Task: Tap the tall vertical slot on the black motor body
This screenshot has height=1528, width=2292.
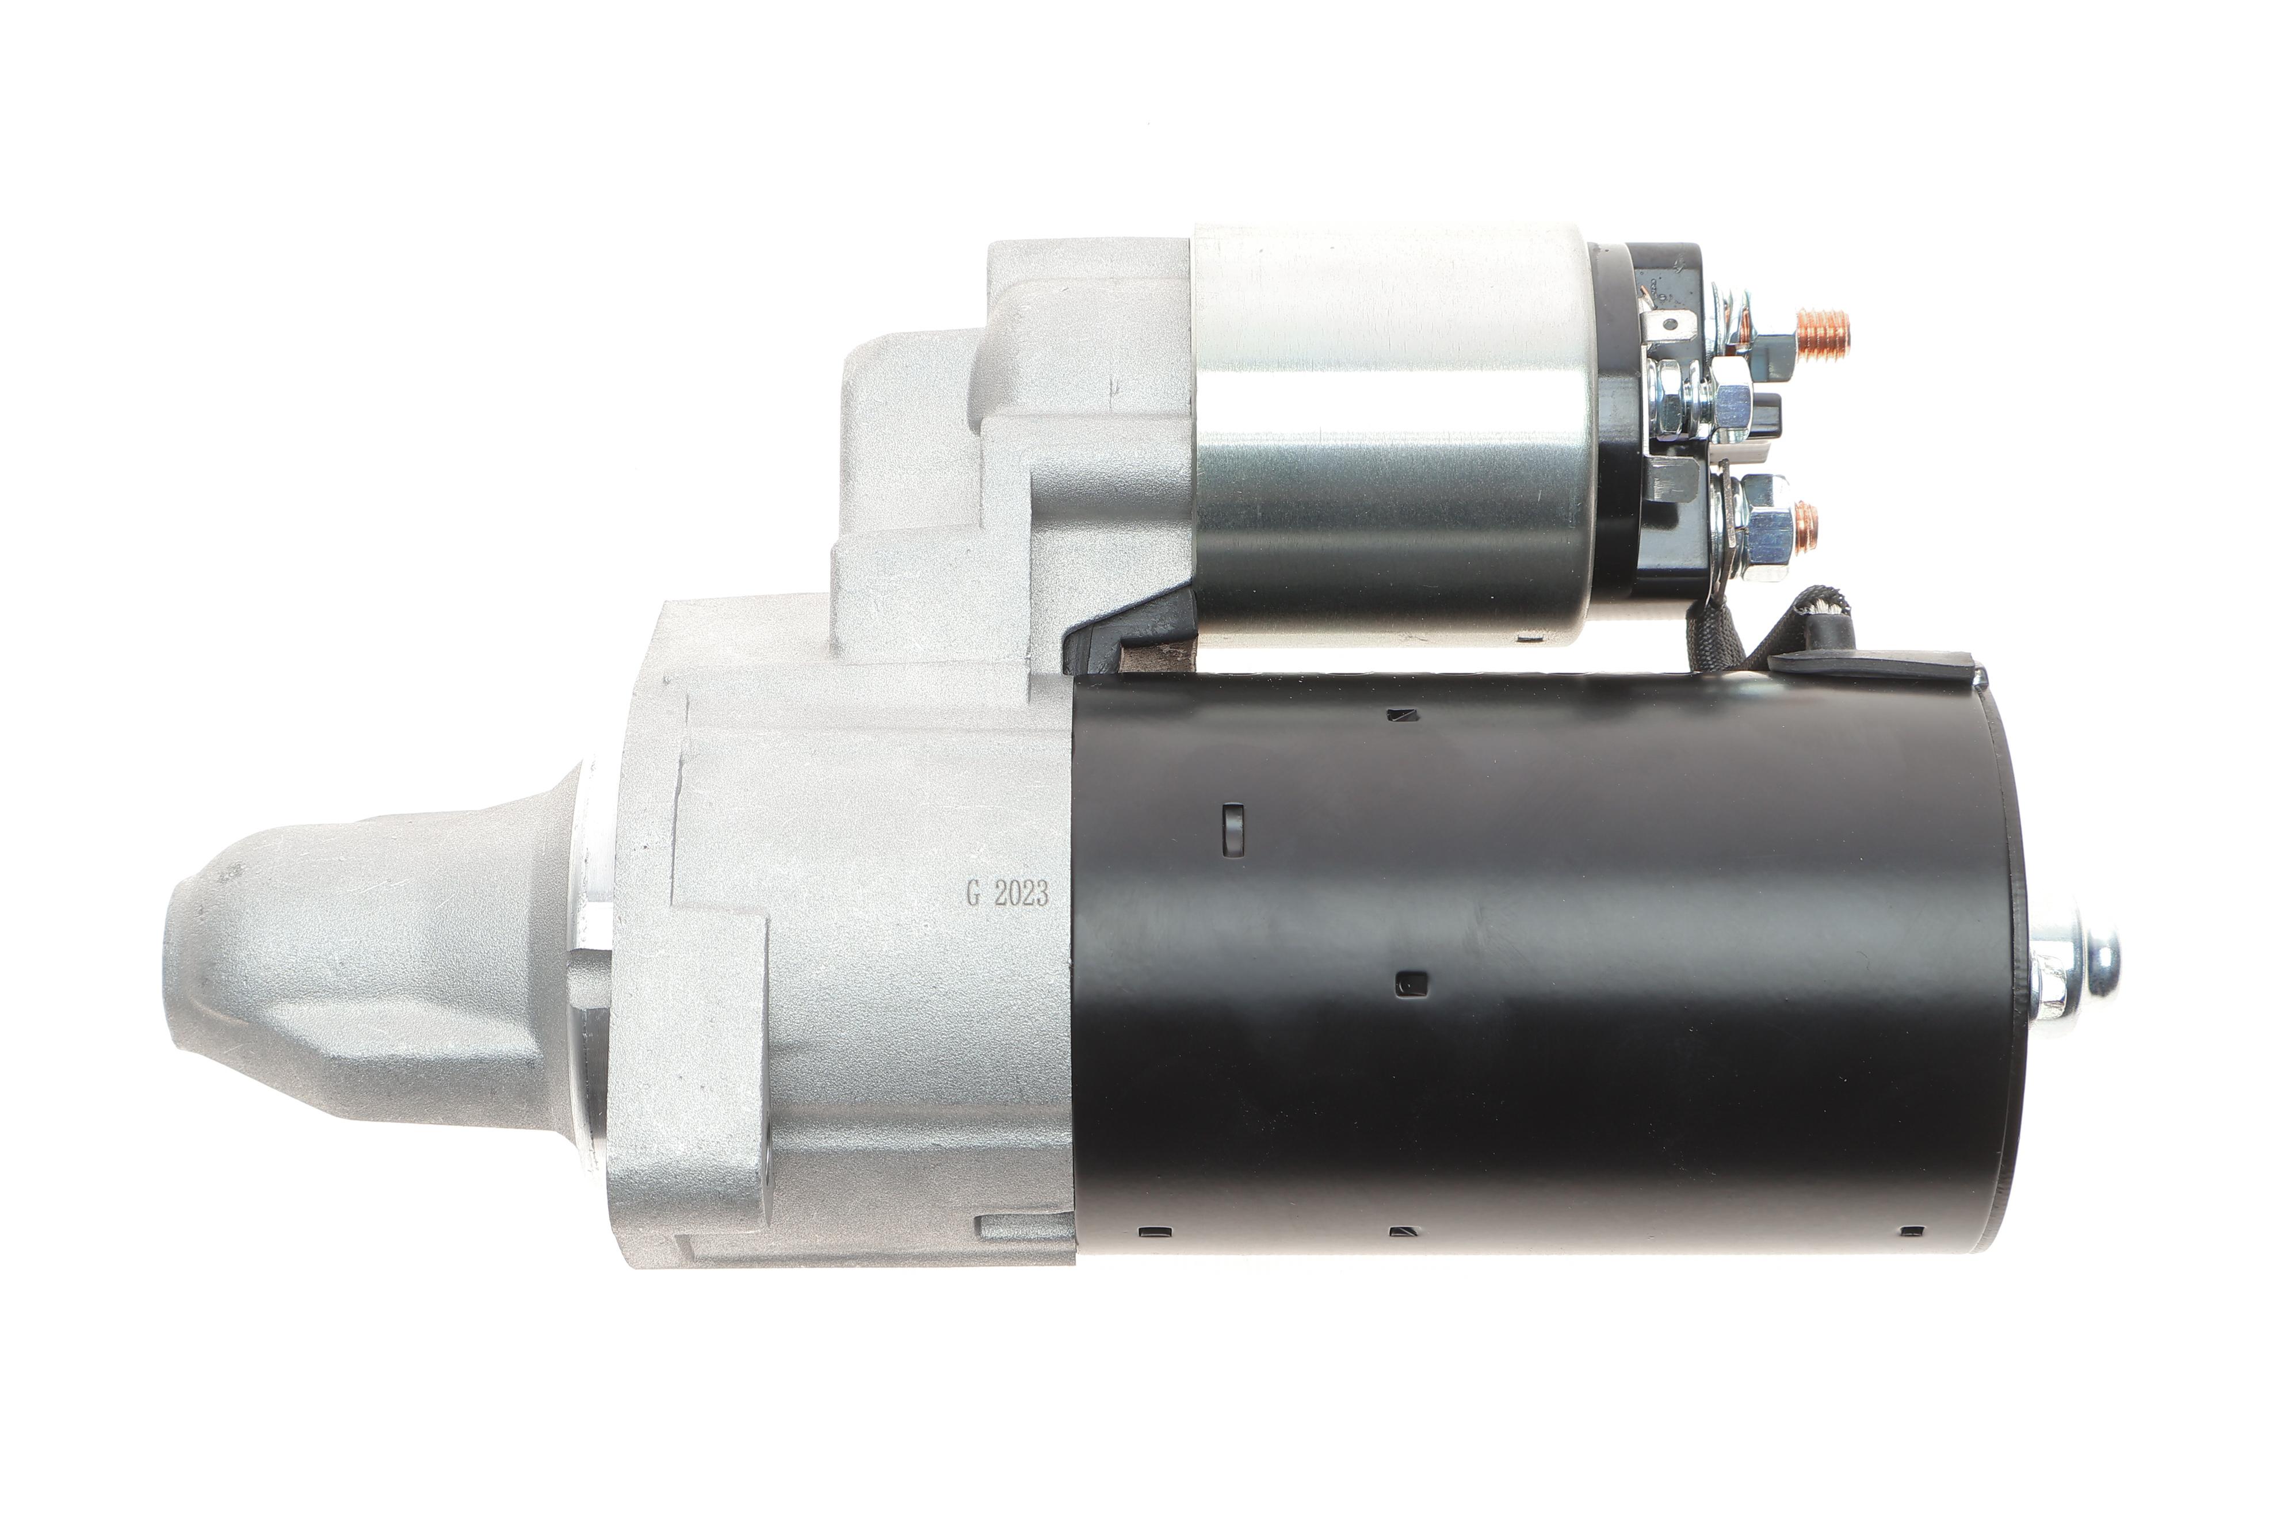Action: coord(1233,830)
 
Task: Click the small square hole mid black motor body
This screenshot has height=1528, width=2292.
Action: coord(1411,984)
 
